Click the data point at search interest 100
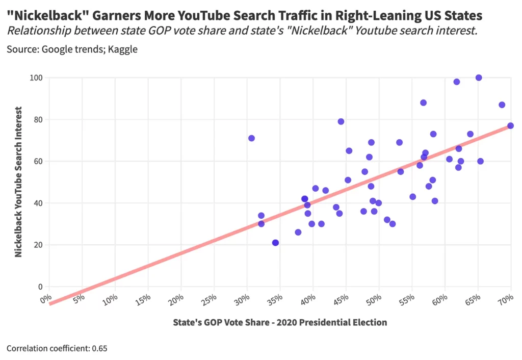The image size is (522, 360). (x=479, y=78)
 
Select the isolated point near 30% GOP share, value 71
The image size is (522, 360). (x=251, y=138)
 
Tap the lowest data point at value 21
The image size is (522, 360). (x=275, y=243)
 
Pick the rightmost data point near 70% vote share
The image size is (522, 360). (x=510, y=125)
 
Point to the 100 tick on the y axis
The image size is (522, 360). (x=36, y=78)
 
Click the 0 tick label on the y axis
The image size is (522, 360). (x=40, y=287)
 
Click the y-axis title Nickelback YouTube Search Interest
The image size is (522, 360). (x=18, y=182)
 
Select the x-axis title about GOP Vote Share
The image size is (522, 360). (x=280, y=322)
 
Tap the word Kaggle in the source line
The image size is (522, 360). (x=123, y=50)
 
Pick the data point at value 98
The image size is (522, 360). (x=457, y=82)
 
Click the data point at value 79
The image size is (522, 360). (x=341, y=121)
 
